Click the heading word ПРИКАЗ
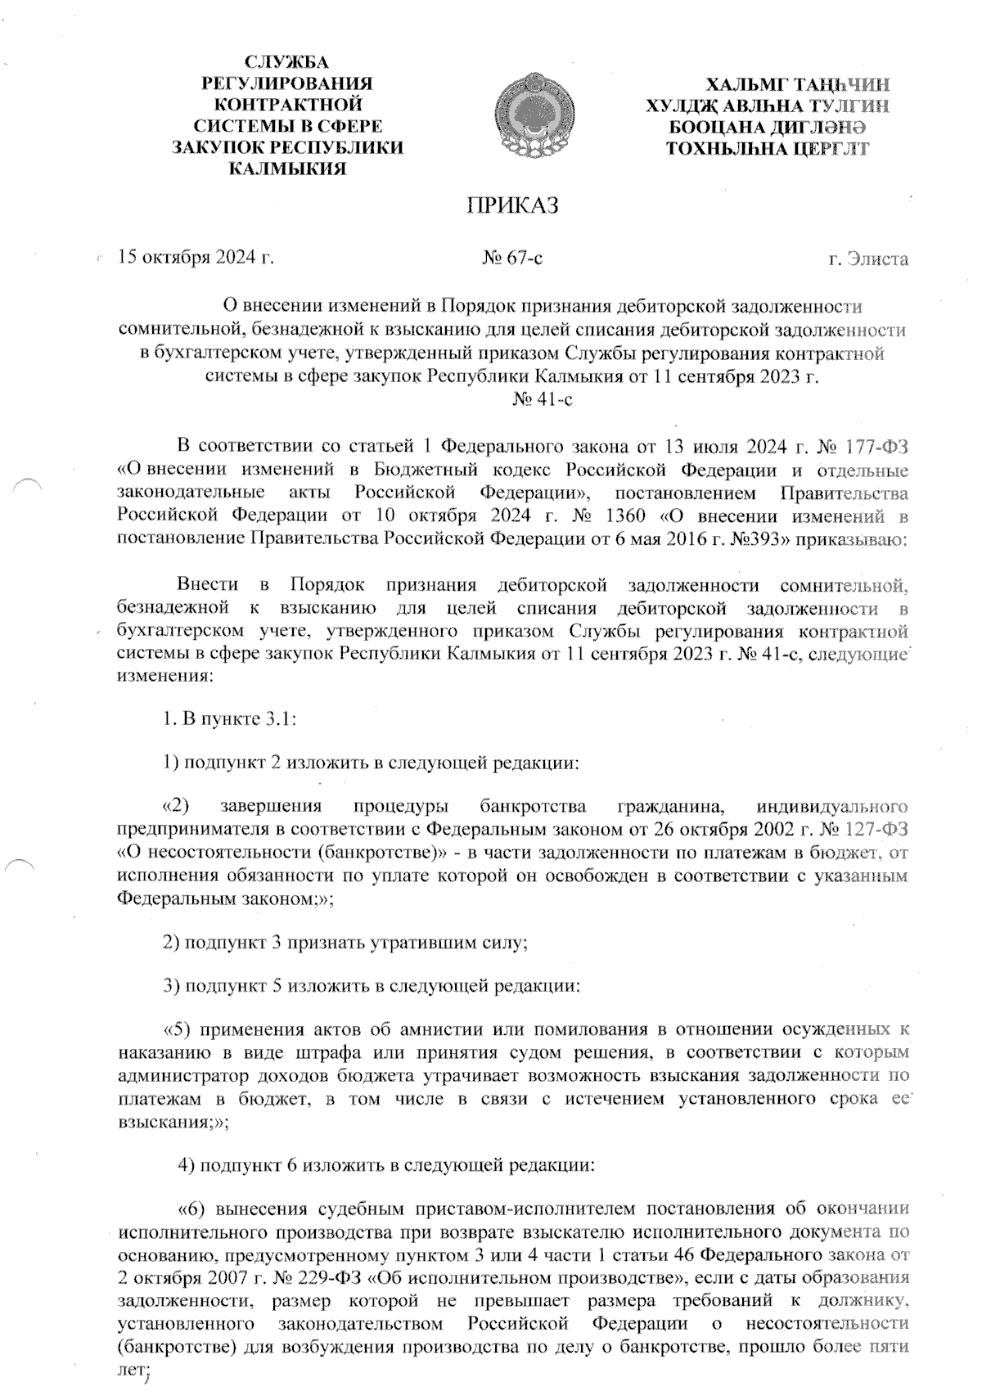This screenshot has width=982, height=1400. (x=511, y=205)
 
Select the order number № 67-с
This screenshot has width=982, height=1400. (x=513, y=259)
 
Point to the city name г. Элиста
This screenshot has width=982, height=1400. (x=868, y=259)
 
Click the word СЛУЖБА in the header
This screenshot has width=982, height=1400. (x=286, y=62)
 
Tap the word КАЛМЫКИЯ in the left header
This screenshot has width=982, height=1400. (x=286, y=169)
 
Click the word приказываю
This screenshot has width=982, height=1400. (x=856, y=539)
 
